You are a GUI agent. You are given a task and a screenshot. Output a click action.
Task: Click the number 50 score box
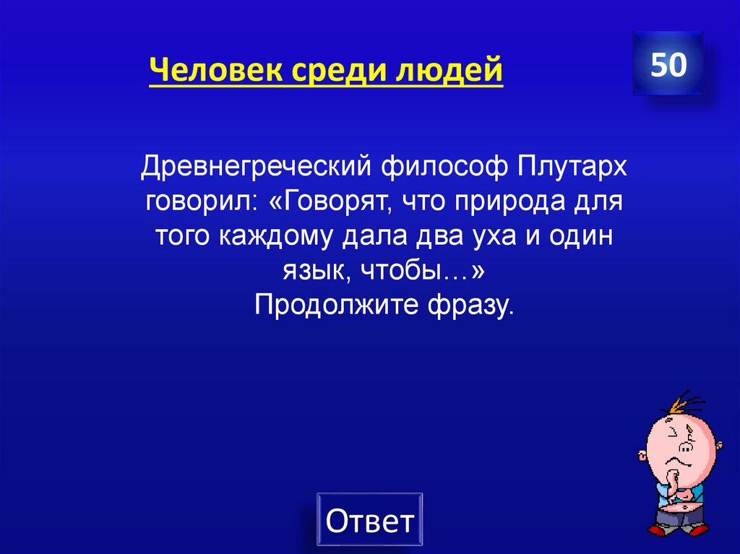(668, 65)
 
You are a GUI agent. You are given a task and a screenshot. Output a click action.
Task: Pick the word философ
(448, 168)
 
